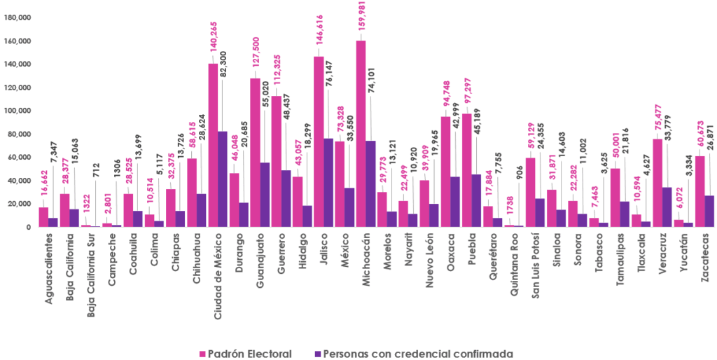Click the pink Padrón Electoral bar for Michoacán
(361, 134)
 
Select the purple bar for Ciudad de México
(223, 179)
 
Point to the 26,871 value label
(711, 133)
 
